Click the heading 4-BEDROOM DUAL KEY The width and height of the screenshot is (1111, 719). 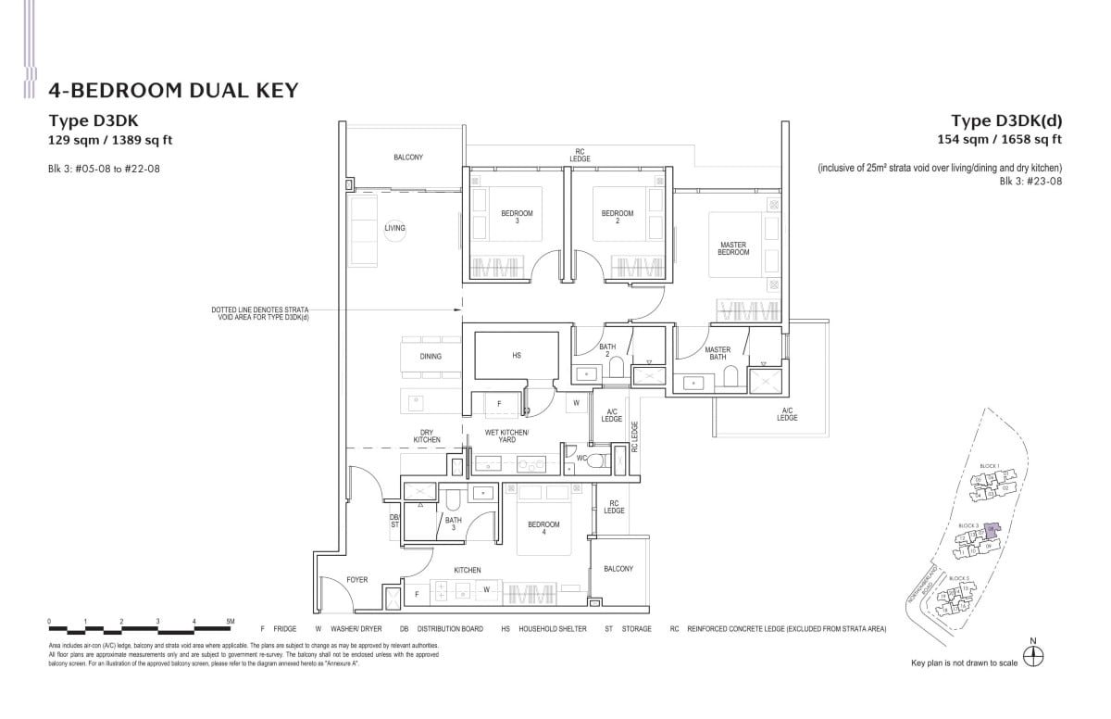[173, 90]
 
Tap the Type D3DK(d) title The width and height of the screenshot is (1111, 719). [1006, 120]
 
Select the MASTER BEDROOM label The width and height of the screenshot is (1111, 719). [733, 248]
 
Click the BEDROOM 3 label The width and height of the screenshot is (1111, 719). [517, 217]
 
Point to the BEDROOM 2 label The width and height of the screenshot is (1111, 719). [618, 217]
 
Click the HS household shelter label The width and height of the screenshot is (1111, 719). [517, 356]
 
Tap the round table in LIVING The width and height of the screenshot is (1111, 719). [395, 228]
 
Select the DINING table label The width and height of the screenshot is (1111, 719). [431, 356]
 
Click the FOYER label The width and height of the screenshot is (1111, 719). [356, 580]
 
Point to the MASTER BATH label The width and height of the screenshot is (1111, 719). [718, 353]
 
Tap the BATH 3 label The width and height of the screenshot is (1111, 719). [453, 523]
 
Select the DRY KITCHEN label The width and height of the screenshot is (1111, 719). [426, 435]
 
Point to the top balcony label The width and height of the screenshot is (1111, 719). [407, 158]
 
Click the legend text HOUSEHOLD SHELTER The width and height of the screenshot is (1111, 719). [555, 628]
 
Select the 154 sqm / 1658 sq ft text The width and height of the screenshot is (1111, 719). [1000, 140]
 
